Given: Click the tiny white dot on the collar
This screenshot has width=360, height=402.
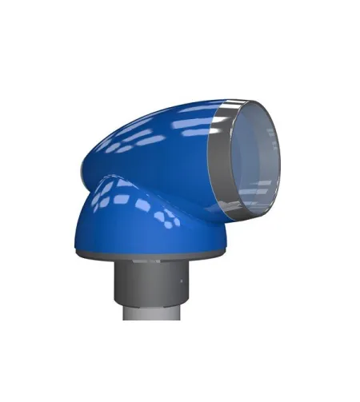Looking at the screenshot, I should click(182, 283).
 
